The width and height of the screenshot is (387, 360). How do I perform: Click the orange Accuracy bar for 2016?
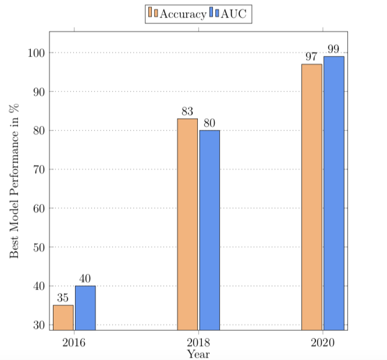click(63, 317)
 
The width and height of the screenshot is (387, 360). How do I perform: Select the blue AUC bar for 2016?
click(85, 308)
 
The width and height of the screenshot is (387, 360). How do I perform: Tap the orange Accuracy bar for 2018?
click(187, 224)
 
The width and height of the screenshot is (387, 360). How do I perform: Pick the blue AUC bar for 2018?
click(210, 230)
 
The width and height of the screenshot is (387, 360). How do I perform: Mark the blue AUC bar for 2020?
click(333, 193)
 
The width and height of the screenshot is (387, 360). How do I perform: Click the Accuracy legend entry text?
click(183, 13)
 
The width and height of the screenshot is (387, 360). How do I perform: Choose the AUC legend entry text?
click(234, 13)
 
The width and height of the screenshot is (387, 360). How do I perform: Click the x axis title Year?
click(198, 353)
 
